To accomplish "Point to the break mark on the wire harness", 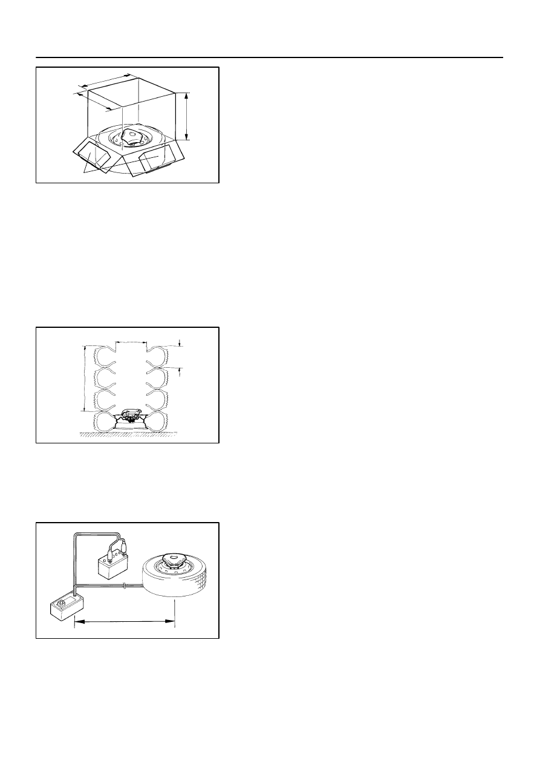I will pyautogui.click(x=124, y=586).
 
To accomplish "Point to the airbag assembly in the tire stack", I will pyautogui.click(x=131, y=416).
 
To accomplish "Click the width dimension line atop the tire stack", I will pyautogui.click(x=131, y=342).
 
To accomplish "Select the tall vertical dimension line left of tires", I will pyautogui.click(x=84, y=378).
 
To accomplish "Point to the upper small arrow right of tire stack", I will pyautogui.click(x=181, y=344).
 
